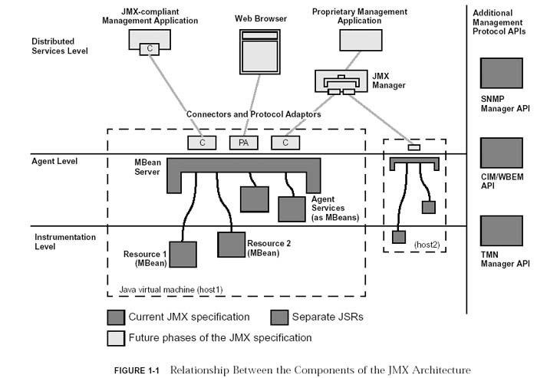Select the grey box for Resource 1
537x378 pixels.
(183, 255)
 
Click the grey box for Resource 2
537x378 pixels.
(231, 244)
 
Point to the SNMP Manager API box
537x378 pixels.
(502, 74)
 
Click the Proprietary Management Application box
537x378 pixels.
(361, 40)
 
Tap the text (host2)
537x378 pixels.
(425, 244)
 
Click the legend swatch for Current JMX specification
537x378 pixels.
(115, 317)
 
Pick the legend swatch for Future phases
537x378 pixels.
(115, 337)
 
